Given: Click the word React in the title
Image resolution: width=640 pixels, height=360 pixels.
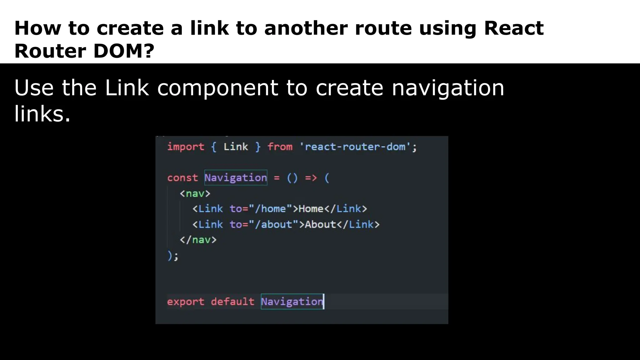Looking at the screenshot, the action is [514, 28].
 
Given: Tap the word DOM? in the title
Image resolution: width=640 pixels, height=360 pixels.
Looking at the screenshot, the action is [124, 51].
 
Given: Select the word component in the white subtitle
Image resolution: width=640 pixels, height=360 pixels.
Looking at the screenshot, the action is [217, 88].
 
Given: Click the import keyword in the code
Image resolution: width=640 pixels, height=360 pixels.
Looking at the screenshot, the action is [186, 147].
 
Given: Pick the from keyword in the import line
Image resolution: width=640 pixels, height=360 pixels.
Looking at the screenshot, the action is [280, 147].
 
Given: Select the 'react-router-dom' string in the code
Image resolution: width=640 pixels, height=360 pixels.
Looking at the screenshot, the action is [355, 147].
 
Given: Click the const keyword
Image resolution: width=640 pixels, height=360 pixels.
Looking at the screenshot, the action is [182, 178].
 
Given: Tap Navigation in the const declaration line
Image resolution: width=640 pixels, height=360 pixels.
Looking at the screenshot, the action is [236, 178].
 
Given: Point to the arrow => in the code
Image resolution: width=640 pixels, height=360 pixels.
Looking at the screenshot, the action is [311, 178].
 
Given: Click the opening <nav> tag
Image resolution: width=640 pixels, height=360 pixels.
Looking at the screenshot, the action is [195, 193].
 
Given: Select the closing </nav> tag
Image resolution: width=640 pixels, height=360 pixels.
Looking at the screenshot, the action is [198, 240].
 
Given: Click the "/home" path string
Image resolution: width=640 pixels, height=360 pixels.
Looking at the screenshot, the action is [270, 209].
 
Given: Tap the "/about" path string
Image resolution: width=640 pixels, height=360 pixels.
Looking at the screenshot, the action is [273, 224].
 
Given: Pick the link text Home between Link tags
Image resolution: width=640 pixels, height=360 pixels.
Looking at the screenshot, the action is [311, 209].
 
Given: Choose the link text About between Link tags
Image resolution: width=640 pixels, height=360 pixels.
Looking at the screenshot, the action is [320, 224].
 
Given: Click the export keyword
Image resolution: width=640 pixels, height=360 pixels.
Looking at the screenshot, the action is [186, 302].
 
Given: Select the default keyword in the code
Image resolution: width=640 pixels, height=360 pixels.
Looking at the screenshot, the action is [232, 302].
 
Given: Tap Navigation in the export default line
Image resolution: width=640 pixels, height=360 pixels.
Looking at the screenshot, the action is [292, 302].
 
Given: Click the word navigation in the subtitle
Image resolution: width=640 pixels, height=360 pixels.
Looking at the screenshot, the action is [448, 88].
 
